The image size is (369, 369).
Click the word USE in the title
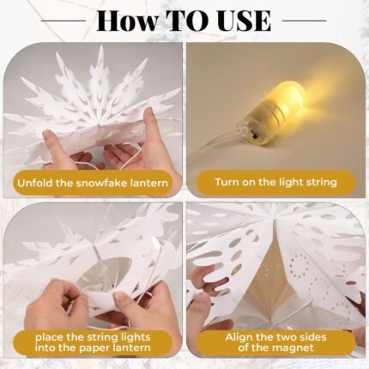coord(245,21)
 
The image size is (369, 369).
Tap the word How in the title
coord(127,21)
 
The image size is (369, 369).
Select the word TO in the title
coord(189,21)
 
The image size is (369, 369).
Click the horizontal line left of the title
coord(64,21)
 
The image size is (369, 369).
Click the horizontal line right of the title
coord(304,21)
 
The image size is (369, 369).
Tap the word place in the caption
coord(49,337)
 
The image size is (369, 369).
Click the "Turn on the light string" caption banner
coord(275,183)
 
